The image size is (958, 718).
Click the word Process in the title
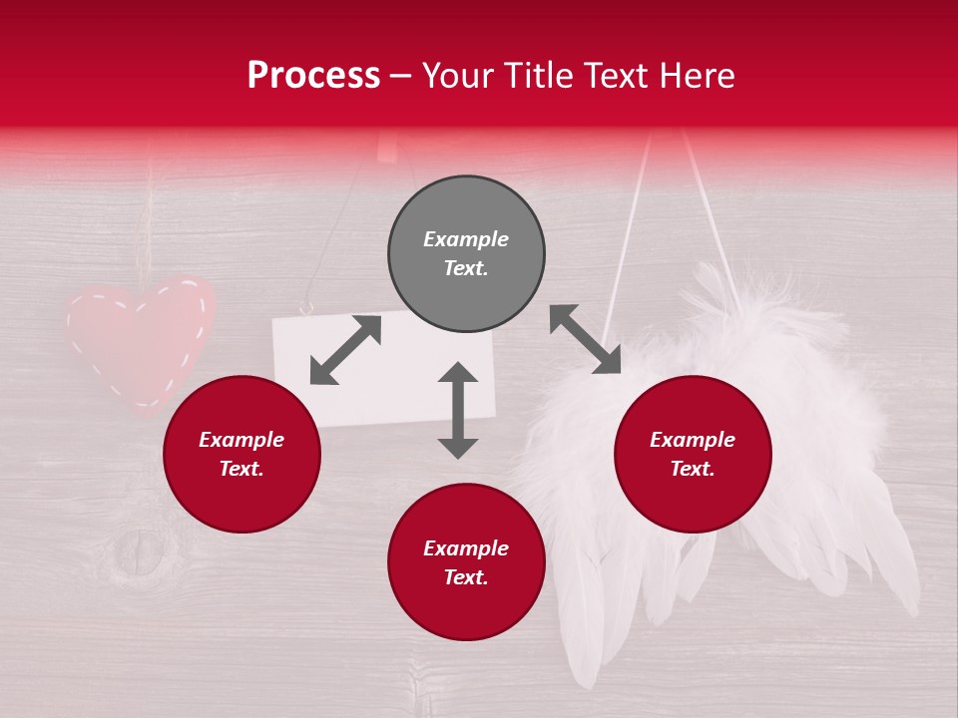(313, 76)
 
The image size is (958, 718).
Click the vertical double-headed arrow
(458, 410)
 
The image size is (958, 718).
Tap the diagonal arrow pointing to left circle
(345, 350)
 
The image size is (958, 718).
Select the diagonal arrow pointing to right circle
(585, 339)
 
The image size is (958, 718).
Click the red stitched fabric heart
(140, 339)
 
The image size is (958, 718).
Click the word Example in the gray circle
(466, 239)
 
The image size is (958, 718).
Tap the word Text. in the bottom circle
(466, 577)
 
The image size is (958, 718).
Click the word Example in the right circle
(693, 440)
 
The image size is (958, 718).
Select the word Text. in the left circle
(241, 469)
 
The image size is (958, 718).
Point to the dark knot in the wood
(140, 553)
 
